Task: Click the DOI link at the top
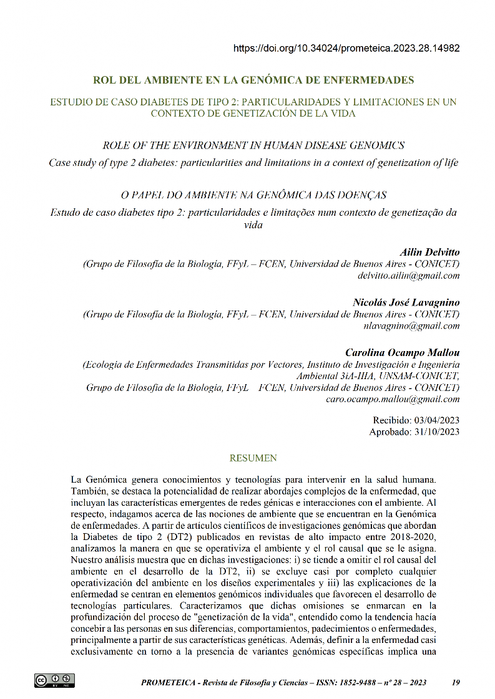point(346,48)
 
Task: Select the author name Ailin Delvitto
point(429,253)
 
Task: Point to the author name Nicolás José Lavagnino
point(406,302)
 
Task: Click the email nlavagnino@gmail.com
point(411,325)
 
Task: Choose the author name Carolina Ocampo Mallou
point(403,352)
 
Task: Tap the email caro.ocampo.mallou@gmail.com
point(393,399)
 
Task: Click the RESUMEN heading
point(253,458)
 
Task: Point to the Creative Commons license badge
point(54,680)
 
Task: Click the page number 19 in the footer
point(455,683)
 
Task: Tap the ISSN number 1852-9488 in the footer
point(356,683)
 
